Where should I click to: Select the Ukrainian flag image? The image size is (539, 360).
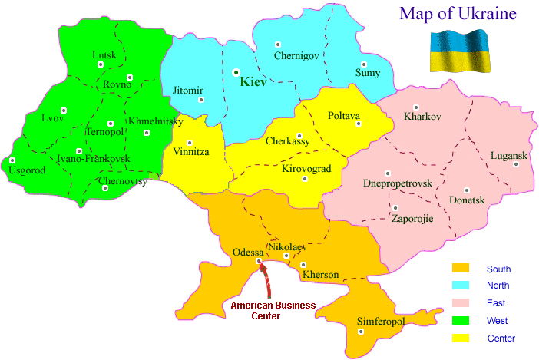[458, 51]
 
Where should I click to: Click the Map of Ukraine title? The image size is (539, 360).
[457, 13]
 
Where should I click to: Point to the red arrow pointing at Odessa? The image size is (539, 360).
[266, 280]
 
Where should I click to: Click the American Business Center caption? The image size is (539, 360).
[273, 310]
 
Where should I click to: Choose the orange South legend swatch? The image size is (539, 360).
[460, 269]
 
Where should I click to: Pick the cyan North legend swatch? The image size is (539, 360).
[460, 286]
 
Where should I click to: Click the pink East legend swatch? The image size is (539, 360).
[460, 303]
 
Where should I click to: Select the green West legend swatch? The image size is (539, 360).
[460, 320]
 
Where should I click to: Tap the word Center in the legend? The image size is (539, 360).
[501, 339]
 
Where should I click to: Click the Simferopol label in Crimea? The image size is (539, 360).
[381, 321]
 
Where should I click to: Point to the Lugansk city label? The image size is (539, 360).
[509, 156]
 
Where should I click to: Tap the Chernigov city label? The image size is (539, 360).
[296, 55]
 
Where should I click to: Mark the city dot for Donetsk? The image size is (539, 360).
[465, 190]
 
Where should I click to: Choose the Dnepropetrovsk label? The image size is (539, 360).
[397, 184]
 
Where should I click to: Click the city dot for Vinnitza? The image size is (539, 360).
[189, 142]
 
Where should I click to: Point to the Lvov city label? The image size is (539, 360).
[54, 118]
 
